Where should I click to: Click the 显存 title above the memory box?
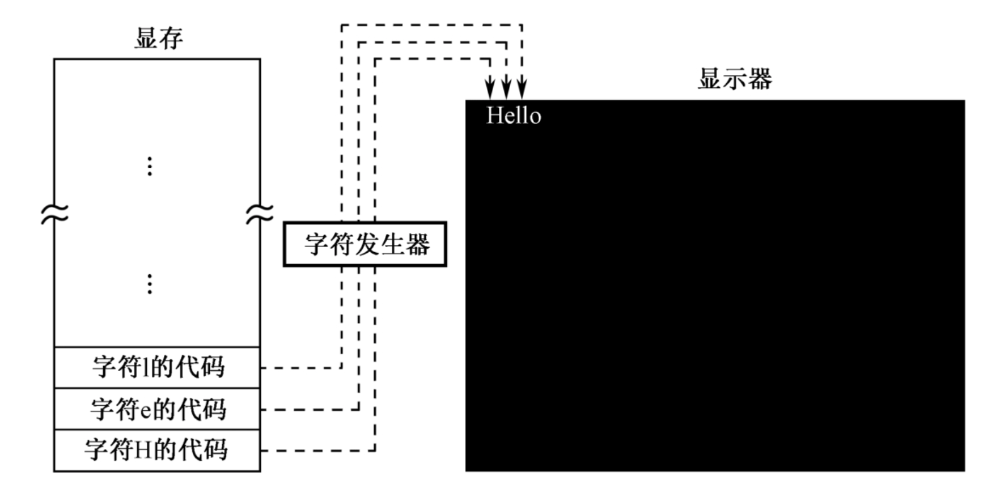158,39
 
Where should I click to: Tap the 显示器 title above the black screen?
734,79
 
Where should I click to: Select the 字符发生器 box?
365,244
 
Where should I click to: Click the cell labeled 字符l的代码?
157,367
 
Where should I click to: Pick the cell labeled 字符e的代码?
157,409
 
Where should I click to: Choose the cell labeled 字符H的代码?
157,450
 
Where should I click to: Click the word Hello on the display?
514,116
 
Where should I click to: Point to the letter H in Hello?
495,116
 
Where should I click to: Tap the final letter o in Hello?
535,117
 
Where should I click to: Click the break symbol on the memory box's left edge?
54,214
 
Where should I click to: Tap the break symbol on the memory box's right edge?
260,214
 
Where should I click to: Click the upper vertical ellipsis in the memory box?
150,166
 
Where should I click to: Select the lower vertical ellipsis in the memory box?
150,283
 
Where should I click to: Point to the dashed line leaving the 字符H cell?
317,451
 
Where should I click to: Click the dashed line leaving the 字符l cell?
300,368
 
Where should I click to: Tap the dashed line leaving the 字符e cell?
309,409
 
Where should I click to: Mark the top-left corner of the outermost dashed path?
341,26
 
